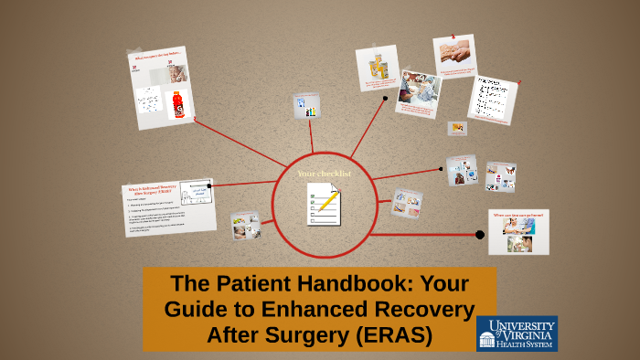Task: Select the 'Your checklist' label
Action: pos(325,173)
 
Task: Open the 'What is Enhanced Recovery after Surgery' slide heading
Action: pos(148,192)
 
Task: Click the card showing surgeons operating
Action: pos(419,93)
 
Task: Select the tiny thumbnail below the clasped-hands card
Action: pos(457,128)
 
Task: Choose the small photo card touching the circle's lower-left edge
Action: pos(245,225)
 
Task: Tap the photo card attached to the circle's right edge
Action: pos(406,203)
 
